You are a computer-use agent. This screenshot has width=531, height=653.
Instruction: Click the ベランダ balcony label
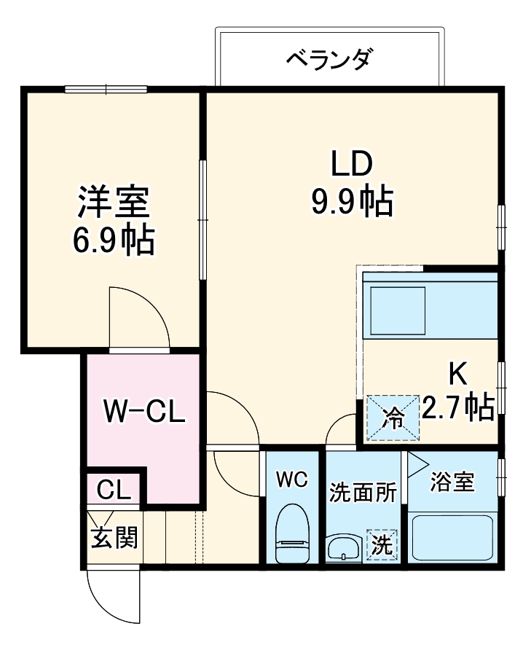coord(329,58)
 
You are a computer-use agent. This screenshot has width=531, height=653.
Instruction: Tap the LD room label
coord(353,165)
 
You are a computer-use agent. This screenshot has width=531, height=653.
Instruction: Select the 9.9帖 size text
coord(353,202)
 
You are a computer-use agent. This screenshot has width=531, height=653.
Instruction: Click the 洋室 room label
coord(114,203)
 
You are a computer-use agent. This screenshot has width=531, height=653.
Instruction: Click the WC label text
coord(293,480)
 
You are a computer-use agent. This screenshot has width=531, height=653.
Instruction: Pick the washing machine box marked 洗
coord(382,544)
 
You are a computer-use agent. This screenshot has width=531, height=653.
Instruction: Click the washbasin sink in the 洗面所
coord(342,547)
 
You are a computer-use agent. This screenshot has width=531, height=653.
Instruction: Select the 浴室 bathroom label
coord(452,482)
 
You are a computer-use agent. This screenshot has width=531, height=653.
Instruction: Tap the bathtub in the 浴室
coord(453,538)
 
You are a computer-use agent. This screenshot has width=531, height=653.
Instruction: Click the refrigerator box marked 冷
coord(393,418)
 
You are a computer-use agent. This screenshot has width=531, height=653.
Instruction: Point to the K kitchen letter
coord(457,374)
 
